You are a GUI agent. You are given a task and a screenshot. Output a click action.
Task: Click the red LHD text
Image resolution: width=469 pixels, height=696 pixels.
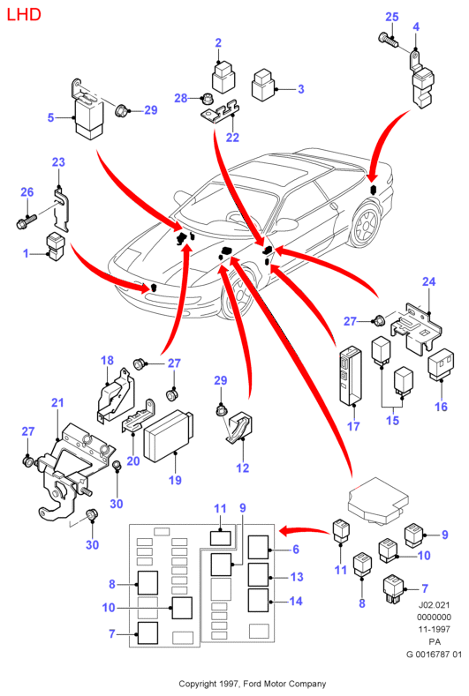[x=24, y=15]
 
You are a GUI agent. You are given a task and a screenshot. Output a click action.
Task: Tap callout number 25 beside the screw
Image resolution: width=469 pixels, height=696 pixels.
[x=391, y=17]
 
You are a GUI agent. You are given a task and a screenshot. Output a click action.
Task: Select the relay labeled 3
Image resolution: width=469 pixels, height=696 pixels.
[x=263, y=85]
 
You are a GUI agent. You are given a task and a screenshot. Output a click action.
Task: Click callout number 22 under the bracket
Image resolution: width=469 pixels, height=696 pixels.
[x=232, y=138]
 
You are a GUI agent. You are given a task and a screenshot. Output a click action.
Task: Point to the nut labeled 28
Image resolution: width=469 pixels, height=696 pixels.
[x=207, y=98]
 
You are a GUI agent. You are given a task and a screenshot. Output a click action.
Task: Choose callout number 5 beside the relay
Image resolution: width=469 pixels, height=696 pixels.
[x=50, y=117]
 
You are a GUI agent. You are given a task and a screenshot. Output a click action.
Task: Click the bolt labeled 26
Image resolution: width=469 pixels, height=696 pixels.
[x=27, y=221]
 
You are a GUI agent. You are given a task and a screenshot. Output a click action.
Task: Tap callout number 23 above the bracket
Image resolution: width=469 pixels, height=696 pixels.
[x=58, y=162]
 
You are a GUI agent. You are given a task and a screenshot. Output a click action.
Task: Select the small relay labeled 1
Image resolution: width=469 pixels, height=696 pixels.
[x=56, y=246]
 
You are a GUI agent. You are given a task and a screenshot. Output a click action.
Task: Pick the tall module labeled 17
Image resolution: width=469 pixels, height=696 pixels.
[x=352, y=376]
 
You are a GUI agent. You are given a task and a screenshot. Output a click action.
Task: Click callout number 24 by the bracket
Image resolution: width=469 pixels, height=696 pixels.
[x=429, y=281]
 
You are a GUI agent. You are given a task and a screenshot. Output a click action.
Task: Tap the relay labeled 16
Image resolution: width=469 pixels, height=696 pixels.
[x=441, y=364]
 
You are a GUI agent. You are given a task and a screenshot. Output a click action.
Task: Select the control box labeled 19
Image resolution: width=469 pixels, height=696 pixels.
[x=168, y=436]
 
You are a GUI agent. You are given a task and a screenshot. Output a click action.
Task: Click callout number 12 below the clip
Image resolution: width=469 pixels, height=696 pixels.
[x=243, y=468]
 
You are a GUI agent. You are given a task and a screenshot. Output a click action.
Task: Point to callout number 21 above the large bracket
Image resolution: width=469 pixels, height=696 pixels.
[x=57, y=402]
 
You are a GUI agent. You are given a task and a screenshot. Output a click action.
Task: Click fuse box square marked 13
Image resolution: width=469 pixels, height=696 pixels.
[x=258, y=574]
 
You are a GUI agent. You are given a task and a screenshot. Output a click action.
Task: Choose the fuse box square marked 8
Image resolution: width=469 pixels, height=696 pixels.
[x=148, y=583]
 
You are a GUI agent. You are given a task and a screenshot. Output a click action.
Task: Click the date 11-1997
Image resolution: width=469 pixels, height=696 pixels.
[x=435, y=630]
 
